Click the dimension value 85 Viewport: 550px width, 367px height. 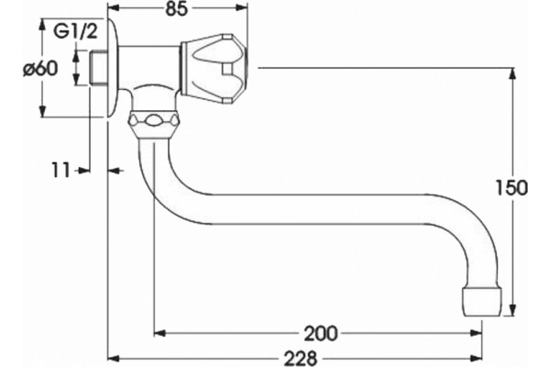(177, 9)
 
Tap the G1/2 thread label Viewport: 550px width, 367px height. (75, 33)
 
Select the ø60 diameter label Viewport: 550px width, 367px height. (40, 69)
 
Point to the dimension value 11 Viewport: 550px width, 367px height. (61, 171)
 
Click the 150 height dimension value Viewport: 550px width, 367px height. (511, 188)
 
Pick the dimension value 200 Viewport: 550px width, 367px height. (320, 333)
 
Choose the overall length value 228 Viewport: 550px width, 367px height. (301, 359)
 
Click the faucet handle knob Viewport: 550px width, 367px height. (214, 69)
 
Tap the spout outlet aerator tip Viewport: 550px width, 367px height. (483, 301)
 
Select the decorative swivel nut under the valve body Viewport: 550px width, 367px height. (153, 124)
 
